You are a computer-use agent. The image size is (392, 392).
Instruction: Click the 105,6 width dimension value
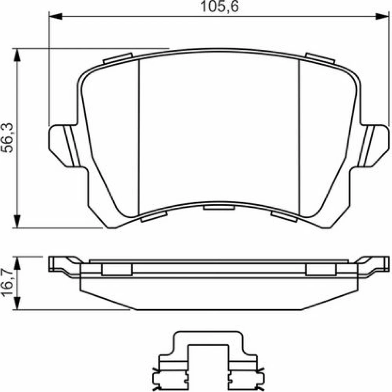(x=220, y=7)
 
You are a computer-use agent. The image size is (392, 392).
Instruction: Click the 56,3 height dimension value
(x=7, y=138)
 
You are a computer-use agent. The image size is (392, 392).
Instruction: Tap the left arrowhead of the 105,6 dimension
(x=56, y=17)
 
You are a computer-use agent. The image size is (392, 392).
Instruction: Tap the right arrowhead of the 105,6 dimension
(x=382, y=17)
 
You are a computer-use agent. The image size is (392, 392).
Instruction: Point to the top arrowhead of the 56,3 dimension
(x=17, y=55)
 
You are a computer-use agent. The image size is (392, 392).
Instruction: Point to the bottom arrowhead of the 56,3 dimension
(x=17, y=221)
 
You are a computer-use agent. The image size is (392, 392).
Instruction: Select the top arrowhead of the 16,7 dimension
(x=17, y=263)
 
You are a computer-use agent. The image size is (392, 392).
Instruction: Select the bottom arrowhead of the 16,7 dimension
(x=17, y=303)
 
